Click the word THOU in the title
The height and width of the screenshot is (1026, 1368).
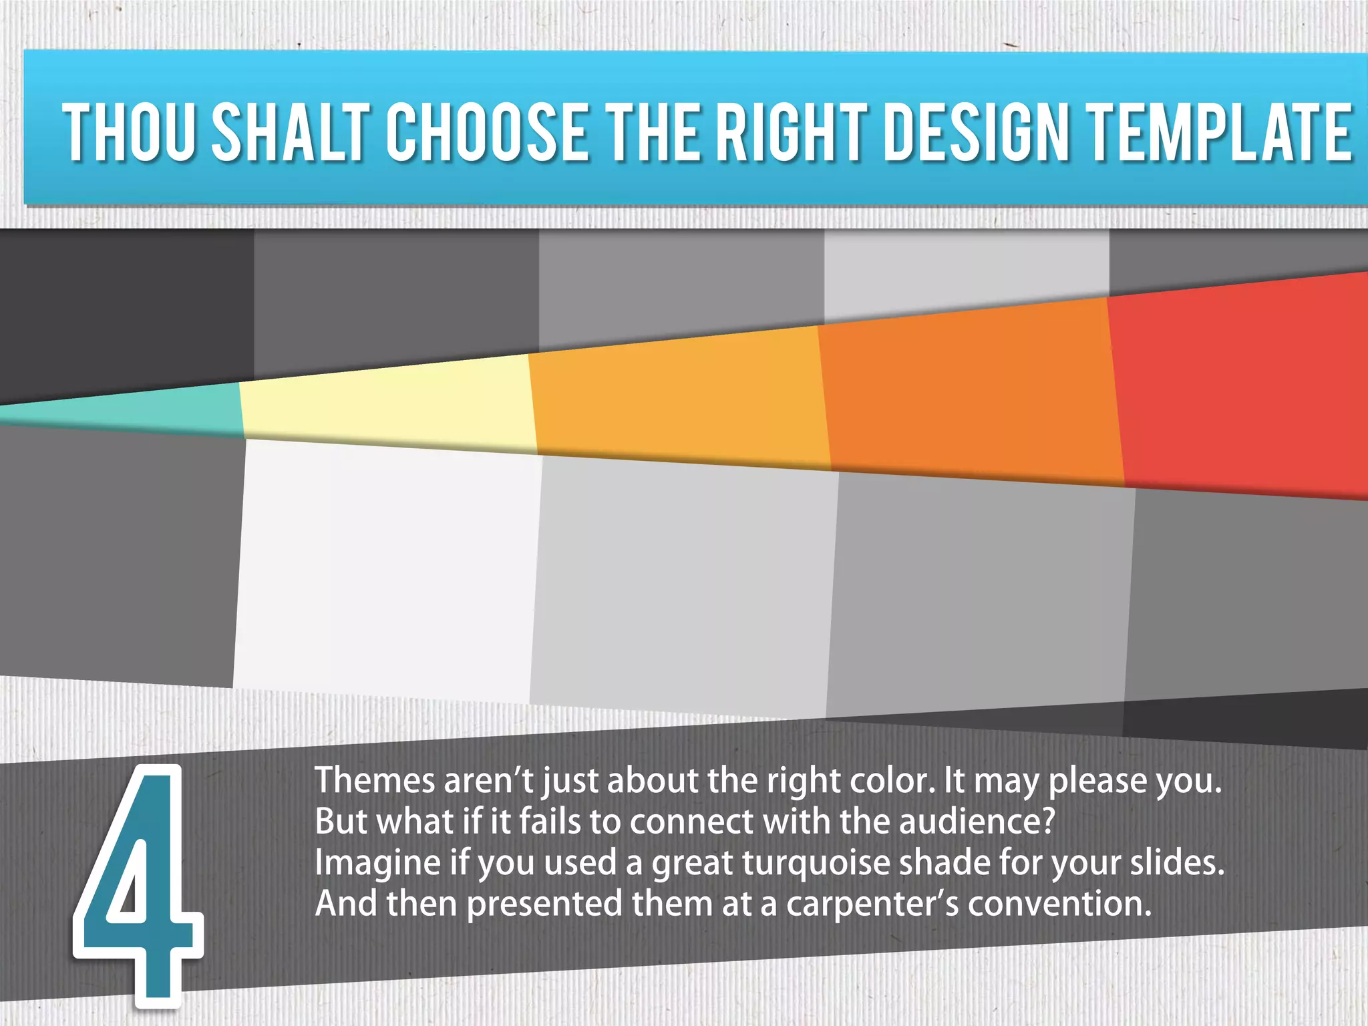[129, 132]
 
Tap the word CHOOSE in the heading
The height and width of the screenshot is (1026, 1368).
[488, 132]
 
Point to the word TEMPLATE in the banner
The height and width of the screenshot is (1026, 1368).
[1220, 132]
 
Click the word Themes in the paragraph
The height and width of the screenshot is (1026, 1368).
[374, 780]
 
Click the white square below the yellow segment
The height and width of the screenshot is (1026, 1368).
[387, 568]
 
